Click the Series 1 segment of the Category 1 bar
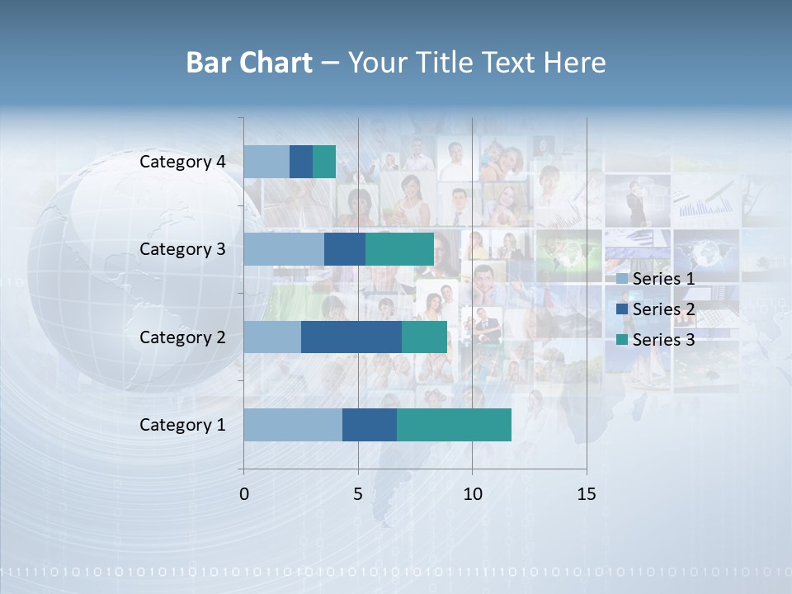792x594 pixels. click(293, 425)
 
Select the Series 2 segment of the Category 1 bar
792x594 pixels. click(370, 425)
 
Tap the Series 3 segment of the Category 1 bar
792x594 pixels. click(454, 425)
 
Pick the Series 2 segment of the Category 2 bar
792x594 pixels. click(351, 337)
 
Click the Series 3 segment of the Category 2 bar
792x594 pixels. click(424, 337)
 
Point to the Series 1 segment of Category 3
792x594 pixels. click(284, 249)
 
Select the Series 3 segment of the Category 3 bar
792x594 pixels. click(399, 249)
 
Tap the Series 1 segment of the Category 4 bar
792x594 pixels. click(266, 162)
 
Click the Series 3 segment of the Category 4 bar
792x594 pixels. click(324, 162)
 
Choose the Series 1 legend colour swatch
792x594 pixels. click(621, 279)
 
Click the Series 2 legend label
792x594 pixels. click(663, 309)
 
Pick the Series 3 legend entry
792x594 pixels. click(656, 339)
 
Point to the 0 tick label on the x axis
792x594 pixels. click(244, 494)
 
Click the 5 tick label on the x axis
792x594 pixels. click(358, 494)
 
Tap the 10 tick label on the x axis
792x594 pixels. click(472, 494)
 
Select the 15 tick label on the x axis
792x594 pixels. click(586, 494)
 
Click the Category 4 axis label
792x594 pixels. click(182, 162)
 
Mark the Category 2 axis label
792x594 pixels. click(182, 337)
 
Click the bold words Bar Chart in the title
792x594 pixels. click(249, 63)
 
